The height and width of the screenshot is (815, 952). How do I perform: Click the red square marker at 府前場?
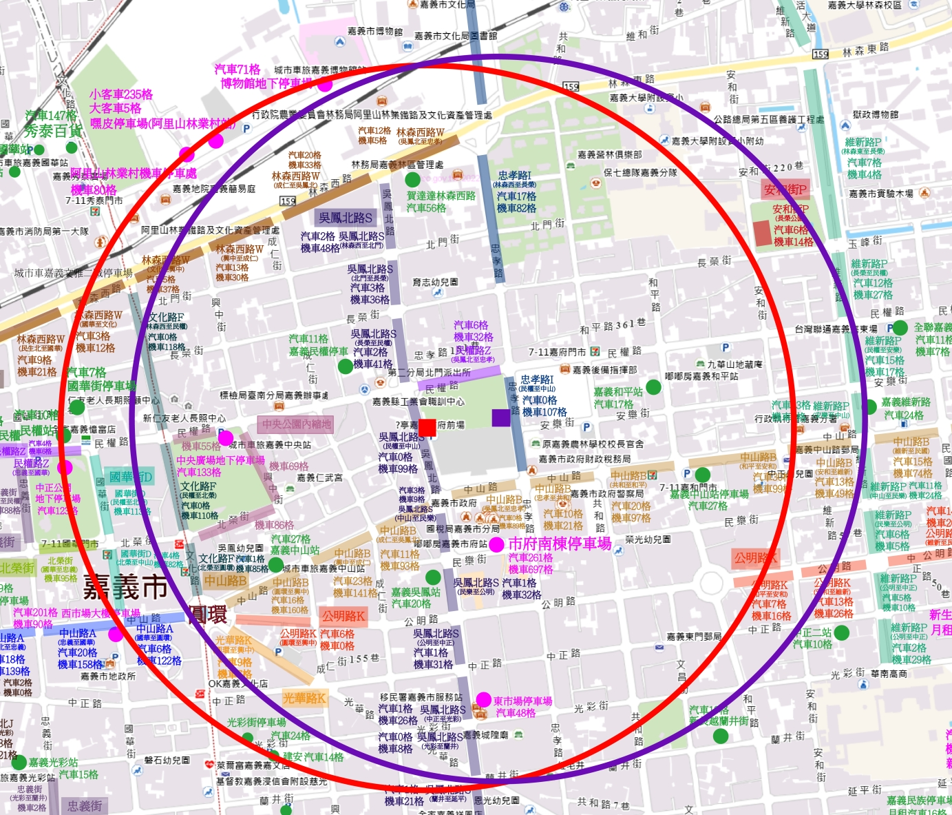pyautogui.click(x=427, y=428)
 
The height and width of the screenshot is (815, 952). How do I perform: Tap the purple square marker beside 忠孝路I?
pyautogui.click(x=501, y=417)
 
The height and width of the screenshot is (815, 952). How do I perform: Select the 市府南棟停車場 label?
pyautogui.click(x=560, y=544)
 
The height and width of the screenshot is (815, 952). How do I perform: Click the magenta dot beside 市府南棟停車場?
pyautogui.click(x=496, y=544)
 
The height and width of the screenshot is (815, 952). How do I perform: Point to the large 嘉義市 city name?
pyautogui.click(x=125, y=587)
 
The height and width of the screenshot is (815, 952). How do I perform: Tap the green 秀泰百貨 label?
pyautogui.click(x=53, y=131)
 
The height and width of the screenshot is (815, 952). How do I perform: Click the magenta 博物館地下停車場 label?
pyautogui.click(x=266, y=83)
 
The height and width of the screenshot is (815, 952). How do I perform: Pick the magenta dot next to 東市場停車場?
pyautogui.click(x=484, y=700)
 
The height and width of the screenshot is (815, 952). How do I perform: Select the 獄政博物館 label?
pyautogui.click(x=875, y=114)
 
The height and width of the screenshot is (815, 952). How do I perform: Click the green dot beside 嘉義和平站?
pyautogui.click(x=654, y=386)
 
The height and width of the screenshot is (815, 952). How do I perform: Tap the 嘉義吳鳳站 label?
pyautogui.click(x=416, y=592)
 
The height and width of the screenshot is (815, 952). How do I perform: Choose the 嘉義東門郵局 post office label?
pyautogui.click(x=694, y=637)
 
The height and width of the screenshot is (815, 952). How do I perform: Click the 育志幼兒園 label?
pyautogui.click(x=435, y=282)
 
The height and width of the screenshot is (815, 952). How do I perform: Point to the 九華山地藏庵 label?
pyautogui.click(x=734, y=364)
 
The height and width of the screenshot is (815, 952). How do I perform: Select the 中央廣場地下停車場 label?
pyautogui.click(x=220, y=460)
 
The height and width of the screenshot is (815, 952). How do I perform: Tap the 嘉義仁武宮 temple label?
pyautogui.click(x=319, y=477)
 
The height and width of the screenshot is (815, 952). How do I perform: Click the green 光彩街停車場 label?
pyautogui.click(x=256, y=722)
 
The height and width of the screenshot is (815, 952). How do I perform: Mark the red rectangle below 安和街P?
pyautogui.click(x=763, y=234)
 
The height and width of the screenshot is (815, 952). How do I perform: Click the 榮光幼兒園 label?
pyautogui.click(x=648, y=539)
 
